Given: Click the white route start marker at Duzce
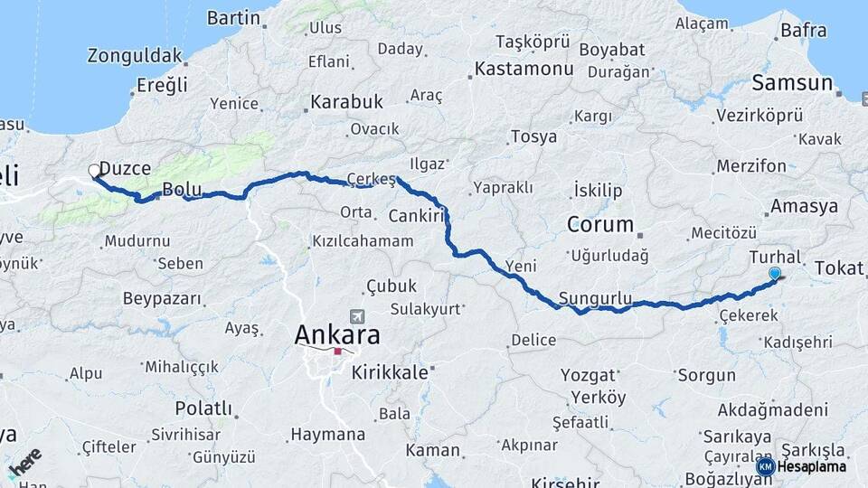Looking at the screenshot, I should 94,170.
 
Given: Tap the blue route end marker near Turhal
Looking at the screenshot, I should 774,273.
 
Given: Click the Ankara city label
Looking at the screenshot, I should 336,334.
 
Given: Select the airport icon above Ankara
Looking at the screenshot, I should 357,317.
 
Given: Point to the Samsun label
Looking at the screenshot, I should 792,83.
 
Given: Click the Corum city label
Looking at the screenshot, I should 599,222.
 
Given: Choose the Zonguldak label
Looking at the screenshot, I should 135,56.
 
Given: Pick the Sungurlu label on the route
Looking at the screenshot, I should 594,297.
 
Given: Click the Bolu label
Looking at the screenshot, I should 180,189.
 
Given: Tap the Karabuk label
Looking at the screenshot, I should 347,101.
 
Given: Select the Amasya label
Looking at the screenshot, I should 804,206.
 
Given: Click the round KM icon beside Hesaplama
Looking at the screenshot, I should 765,466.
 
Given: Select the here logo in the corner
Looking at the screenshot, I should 24,462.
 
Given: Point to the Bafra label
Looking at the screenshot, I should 803,31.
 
